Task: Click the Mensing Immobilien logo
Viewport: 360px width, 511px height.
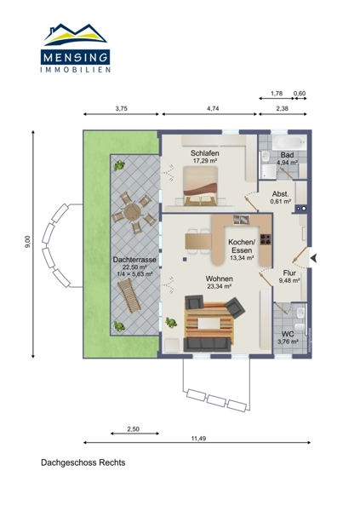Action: click(x=75, y=48)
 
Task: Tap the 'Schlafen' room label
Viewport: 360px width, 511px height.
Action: click(x=205, y=152)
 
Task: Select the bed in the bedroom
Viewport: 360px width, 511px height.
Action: click(x=200, y=186)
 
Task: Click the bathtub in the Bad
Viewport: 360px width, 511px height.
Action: click(x=289, y=142)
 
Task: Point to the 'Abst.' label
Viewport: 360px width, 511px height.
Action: click(x=281, y=194)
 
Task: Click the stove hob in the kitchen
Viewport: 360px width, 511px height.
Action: click(x=266, y=239)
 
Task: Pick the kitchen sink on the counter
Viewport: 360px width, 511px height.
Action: click(x=242, y=220)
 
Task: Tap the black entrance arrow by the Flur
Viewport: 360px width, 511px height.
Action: click(x=314, y=258)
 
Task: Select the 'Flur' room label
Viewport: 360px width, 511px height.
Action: click(x=289, y=273)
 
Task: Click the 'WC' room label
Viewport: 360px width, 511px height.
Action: click(x=288, y=334)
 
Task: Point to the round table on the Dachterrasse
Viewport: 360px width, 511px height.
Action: click(x=133, y=212)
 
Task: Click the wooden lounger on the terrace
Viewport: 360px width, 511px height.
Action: click(x=129, y=296)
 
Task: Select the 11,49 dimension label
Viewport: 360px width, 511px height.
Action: click(x=198, y=439)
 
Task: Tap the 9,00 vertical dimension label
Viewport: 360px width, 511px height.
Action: click(x=28, y=242)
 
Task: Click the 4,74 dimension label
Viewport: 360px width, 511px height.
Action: click(x=213, y=109)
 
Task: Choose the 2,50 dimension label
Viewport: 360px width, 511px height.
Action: click(x=133, y=429)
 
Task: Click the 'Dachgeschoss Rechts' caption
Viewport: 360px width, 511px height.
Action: click(x=83, y=462)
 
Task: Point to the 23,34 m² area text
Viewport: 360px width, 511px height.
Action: click(x=220, y=286)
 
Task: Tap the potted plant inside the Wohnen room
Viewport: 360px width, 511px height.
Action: click(x=171, y=322)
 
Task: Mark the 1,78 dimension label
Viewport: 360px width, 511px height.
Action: click(x=277, y=94)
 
